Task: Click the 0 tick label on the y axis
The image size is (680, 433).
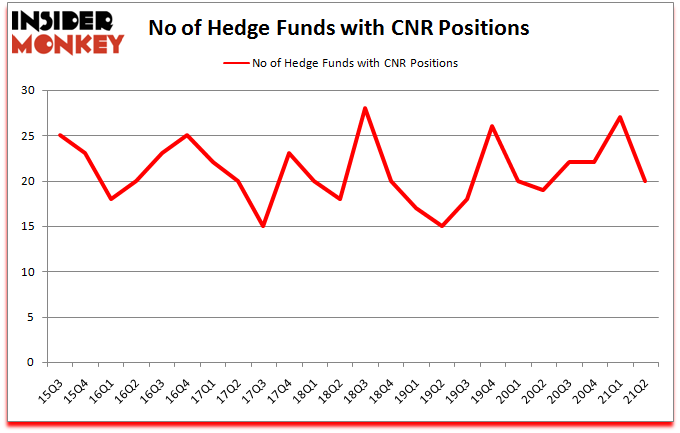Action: point(32,363)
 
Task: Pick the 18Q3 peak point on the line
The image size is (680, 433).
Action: point(366,108)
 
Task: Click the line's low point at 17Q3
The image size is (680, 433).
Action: point(263,226)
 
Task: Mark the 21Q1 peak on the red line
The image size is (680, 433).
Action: point(621,117)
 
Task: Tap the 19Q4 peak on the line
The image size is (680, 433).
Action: point(493,126)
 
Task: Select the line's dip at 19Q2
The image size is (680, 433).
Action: point(442,226)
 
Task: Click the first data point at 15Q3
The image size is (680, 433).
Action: point(59,135)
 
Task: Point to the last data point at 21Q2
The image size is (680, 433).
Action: point(646,181)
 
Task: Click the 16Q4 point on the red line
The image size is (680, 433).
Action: point(187,135)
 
